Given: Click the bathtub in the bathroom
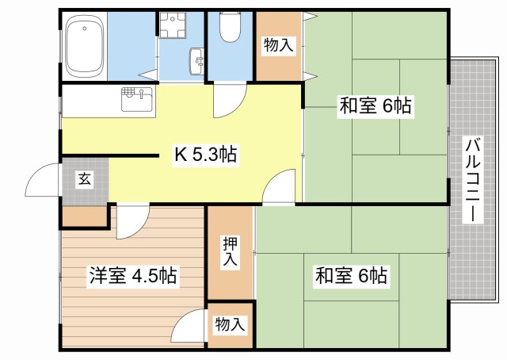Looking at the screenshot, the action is coord(85,46).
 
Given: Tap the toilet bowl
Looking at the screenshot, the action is coord(230,27).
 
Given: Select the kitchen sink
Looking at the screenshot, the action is coord(137,99).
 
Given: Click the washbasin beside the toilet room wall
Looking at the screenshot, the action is coord(197,62).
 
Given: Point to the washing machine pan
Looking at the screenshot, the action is coord(173,25).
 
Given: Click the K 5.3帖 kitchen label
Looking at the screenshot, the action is coord(206,154).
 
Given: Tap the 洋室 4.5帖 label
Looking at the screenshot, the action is coord(133,275).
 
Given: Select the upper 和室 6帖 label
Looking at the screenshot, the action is coord(375,105).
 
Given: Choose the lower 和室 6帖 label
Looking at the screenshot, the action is coord(351,275).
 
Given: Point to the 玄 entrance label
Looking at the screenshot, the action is coord(85,179).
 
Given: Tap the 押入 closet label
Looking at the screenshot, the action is coord(230,251).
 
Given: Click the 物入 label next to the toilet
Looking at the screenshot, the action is coord(278,45).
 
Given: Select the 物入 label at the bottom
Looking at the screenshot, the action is coord(230,324).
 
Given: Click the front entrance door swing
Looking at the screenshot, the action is coord(43,180).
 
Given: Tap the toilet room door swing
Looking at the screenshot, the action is coord(231,100).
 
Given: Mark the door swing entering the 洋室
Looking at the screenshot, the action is coord(133,222).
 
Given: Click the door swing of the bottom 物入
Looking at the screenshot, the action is coord(189,325).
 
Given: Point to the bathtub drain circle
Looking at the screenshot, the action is coord(85,29).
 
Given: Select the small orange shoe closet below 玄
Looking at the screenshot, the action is coord(85,216).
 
